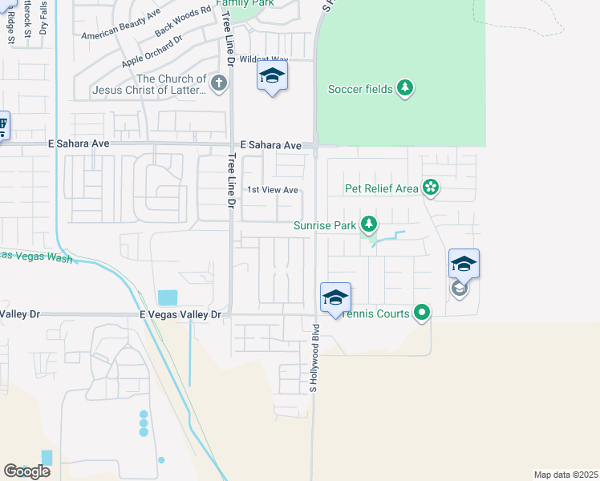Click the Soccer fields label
point(360,89)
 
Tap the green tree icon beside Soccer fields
point(405,88)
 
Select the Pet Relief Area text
point(382,188)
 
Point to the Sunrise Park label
point(324,226)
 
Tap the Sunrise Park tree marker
point(368,224)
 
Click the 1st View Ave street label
point(273,190)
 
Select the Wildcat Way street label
point(263,59)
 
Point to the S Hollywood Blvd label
point(315,358)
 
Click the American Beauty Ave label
point(121,25)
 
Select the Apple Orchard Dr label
point(152,51)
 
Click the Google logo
point(27,471)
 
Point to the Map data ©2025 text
point(566,475)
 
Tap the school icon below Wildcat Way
point(272,77)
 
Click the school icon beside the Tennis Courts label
point(334,299)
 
